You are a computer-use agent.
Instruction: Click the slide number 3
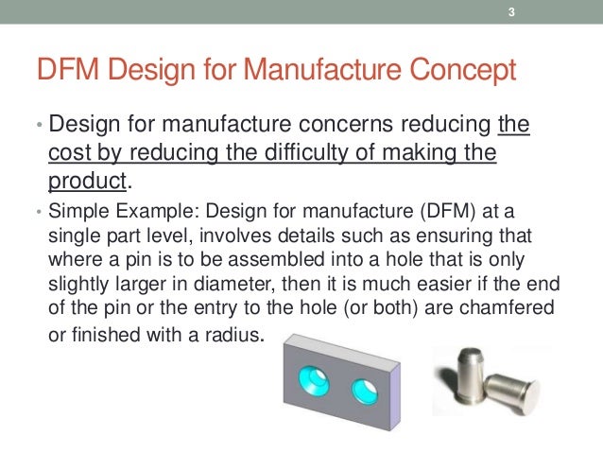tap(510, 12)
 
